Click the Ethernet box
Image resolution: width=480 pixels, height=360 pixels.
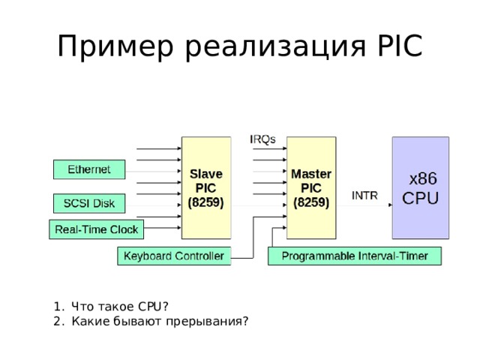coord(89,169)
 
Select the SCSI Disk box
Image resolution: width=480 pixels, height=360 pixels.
coord(89,203)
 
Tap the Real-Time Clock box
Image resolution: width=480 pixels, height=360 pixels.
coord(97,229)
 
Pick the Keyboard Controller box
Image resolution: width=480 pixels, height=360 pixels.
coord(174,256)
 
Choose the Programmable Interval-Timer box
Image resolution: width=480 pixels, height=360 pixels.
coord(355,256)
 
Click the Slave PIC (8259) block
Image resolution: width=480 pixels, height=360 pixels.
coord(206,187)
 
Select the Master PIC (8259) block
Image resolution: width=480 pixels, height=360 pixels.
coord(311,187)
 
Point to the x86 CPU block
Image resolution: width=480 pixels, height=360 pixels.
coord(421,187)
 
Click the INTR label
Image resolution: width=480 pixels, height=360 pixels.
coord(364,195)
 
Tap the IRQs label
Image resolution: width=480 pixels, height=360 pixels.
coord(262,139)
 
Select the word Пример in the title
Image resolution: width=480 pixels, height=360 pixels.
coord(115,46)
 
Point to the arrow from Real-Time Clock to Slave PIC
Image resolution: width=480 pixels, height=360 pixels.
coord(162,228)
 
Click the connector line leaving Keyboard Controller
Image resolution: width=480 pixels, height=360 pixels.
coord(253,238)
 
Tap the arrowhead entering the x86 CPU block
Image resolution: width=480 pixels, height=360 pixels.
coord(390,205)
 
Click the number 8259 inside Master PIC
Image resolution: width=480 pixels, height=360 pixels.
coord(311,202)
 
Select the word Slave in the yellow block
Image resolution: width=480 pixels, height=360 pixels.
coord(206,174)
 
